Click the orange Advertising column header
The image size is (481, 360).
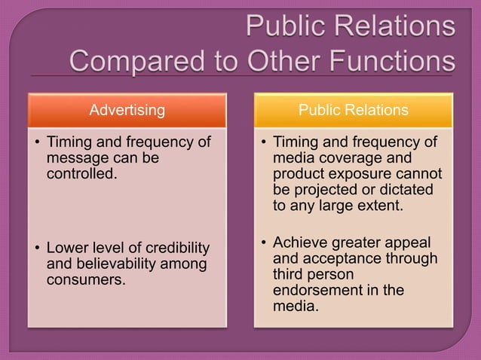pos(127,111)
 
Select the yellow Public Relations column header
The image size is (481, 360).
pos(353,111)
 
